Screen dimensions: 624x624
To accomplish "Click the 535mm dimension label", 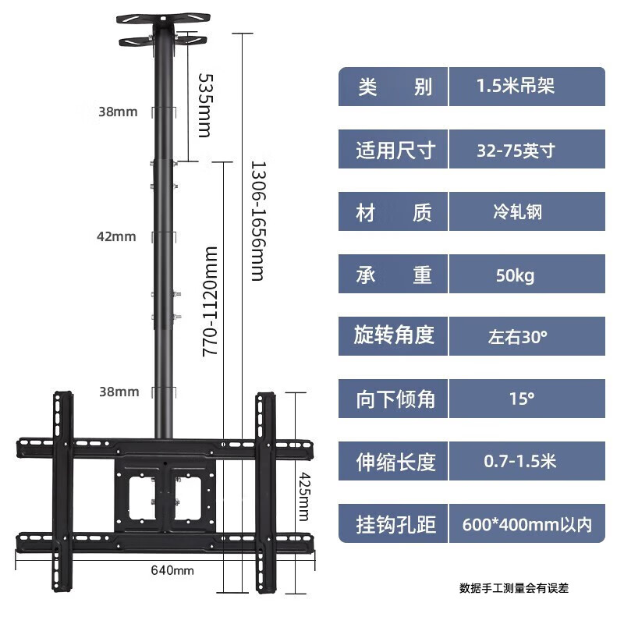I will [x=204, y=105].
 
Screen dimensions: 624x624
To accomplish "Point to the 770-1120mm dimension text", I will [x=210, y=301].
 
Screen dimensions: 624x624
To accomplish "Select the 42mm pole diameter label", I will [x=118, y=236].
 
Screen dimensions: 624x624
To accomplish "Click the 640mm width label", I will [x=172, y=570].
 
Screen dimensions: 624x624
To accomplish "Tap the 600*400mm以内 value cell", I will [x=526, y=524].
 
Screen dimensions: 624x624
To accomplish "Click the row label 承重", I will [x=394, y=275].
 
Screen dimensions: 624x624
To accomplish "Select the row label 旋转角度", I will [x=394, y=336].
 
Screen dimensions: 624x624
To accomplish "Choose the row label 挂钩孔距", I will [x=394, y=524].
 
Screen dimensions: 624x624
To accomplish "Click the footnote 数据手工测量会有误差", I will [x=514, y=588].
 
